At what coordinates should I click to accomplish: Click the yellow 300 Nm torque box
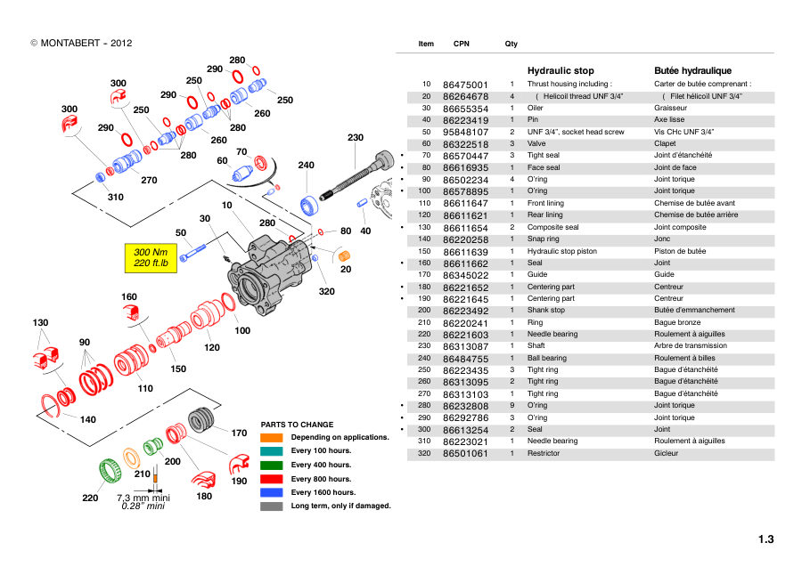coord(151,258)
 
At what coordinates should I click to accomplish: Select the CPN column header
coord(462,44)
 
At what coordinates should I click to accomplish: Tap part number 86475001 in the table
coord(465,85)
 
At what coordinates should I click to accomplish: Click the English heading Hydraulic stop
coord(561,70)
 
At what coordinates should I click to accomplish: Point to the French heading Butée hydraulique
coord(692,70)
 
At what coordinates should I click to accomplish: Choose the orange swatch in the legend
coord(271,438)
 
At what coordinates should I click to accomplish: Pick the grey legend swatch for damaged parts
coord(271,506)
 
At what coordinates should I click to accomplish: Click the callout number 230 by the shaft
coord(356,137)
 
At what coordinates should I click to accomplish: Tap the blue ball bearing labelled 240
coord(309,205)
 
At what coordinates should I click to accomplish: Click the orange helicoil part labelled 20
coord(344,255)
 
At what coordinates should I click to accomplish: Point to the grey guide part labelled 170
coord(201,420)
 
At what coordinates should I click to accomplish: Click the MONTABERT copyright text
coord(81,44)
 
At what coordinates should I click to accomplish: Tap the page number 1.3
coord(765,539)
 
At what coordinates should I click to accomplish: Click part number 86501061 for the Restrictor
coord(465,454)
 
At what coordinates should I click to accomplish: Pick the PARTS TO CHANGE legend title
coord(297,425)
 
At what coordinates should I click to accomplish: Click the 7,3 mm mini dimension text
coord(143,498)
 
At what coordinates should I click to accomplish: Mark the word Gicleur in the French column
coord(666,453)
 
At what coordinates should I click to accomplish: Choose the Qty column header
coord(511,44)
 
